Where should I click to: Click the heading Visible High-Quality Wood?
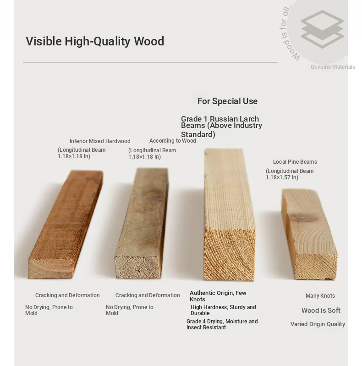[95, 41]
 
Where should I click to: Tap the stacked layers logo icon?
[322, 29]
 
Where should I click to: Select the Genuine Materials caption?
[333, 67]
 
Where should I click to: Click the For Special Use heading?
[227, 101]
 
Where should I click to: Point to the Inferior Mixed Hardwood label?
[100, 141]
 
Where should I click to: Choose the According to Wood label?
[173, 141]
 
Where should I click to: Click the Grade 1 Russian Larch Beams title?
[221, 127]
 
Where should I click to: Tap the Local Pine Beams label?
[295, 162]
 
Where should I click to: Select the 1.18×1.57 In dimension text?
[282, 177]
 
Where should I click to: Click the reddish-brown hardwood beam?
[66, 224]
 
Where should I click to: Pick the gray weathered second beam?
[142, 223]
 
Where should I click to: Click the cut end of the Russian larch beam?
[229, 255]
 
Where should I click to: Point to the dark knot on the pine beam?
[304, 218]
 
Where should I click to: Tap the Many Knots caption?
[320, 296]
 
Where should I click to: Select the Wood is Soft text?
[321, 311]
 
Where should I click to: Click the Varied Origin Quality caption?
[318, 324]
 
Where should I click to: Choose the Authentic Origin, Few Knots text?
[218, 296]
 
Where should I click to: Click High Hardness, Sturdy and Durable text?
[223, 310]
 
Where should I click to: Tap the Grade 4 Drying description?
[222, 324]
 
